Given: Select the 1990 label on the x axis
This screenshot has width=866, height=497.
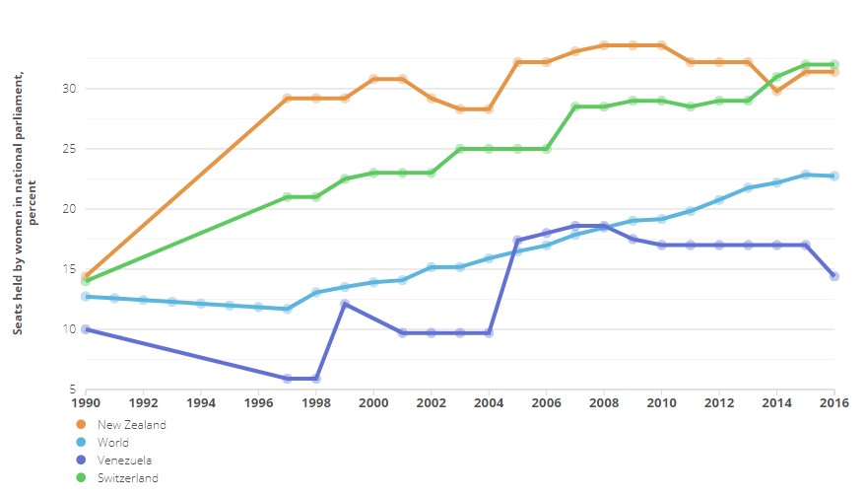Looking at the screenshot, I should pos(87,402).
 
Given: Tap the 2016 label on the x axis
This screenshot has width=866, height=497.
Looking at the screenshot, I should pos(834,402).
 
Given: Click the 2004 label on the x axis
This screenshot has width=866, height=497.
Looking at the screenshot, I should pos(489,402).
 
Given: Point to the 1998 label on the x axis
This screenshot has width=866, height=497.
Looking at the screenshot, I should pos(316,402).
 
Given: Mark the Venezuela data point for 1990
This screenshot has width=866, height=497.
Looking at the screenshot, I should pos(87,329).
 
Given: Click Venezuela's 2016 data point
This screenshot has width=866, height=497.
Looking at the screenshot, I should pos(834,276).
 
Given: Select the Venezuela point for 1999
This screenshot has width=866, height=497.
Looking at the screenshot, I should pos(345,304).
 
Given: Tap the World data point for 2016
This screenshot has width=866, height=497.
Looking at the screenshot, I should pos(834,176).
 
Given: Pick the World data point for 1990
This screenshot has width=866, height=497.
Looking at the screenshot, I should pos(87,296).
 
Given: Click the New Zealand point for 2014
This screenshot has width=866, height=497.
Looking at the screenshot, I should pos(776,91).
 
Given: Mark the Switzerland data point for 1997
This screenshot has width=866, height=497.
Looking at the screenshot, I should pos(288,197).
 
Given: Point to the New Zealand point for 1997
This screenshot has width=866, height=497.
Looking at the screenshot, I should pos(288,99).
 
